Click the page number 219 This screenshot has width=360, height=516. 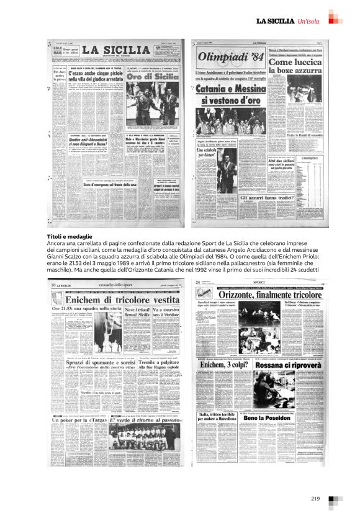click(x=315, y=499)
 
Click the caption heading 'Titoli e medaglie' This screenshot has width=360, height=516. click(x=70, y=237)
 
